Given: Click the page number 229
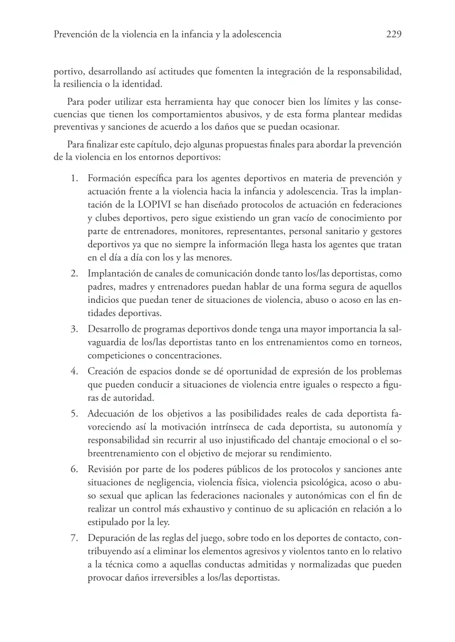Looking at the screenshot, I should pos(392,35).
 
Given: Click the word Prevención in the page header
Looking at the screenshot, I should pos(75,35).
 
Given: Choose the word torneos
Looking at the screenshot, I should pos(383,342).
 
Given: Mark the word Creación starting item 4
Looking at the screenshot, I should pos(108,371).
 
